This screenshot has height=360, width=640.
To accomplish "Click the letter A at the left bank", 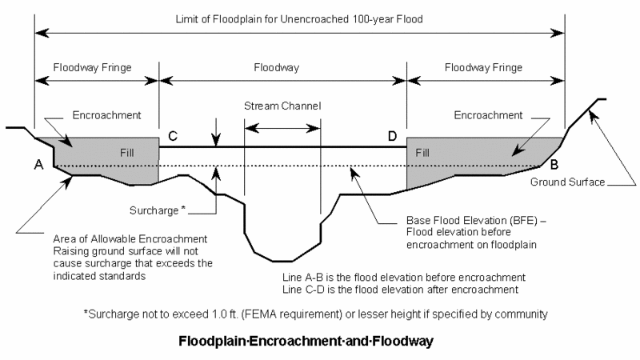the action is (38, 165).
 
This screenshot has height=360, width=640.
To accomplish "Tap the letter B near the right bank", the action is (554, 165).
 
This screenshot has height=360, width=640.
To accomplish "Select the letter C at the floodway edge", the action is (173, 136).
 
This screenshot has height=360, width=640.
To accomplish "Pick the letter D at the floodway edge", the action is (392, 136).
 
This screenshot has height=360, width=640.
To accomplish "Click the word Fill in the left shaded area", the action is (126, 153).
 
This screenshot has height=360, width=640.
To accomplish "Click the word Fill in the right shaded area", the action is (422, 153).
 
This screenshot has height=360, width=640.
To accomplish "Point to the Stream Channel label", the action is (282, 106).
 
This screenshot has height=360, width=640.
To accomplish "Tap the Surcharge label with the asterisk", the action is (158, 210).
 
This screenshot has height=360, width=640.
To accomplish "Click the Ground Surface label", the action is (567, 182).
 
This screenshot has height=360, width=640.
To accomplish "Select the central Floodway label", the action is (276, 68).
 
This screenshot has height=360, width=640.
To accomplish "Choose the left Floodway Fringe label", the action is (92, 68).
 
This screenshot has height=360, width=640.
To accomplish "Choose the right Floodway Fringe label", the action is (483, 68).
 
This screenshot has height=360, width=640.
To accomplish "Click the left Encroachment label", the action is (106, 115).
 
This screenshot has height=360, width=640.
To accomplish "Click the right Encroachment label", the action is (488, 115).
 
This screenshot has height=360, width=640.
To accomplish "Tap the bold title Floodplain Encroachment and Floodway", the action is (306, 341).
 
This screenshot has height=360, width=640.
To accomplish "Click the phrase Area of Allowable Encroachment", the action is (130, 238).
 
